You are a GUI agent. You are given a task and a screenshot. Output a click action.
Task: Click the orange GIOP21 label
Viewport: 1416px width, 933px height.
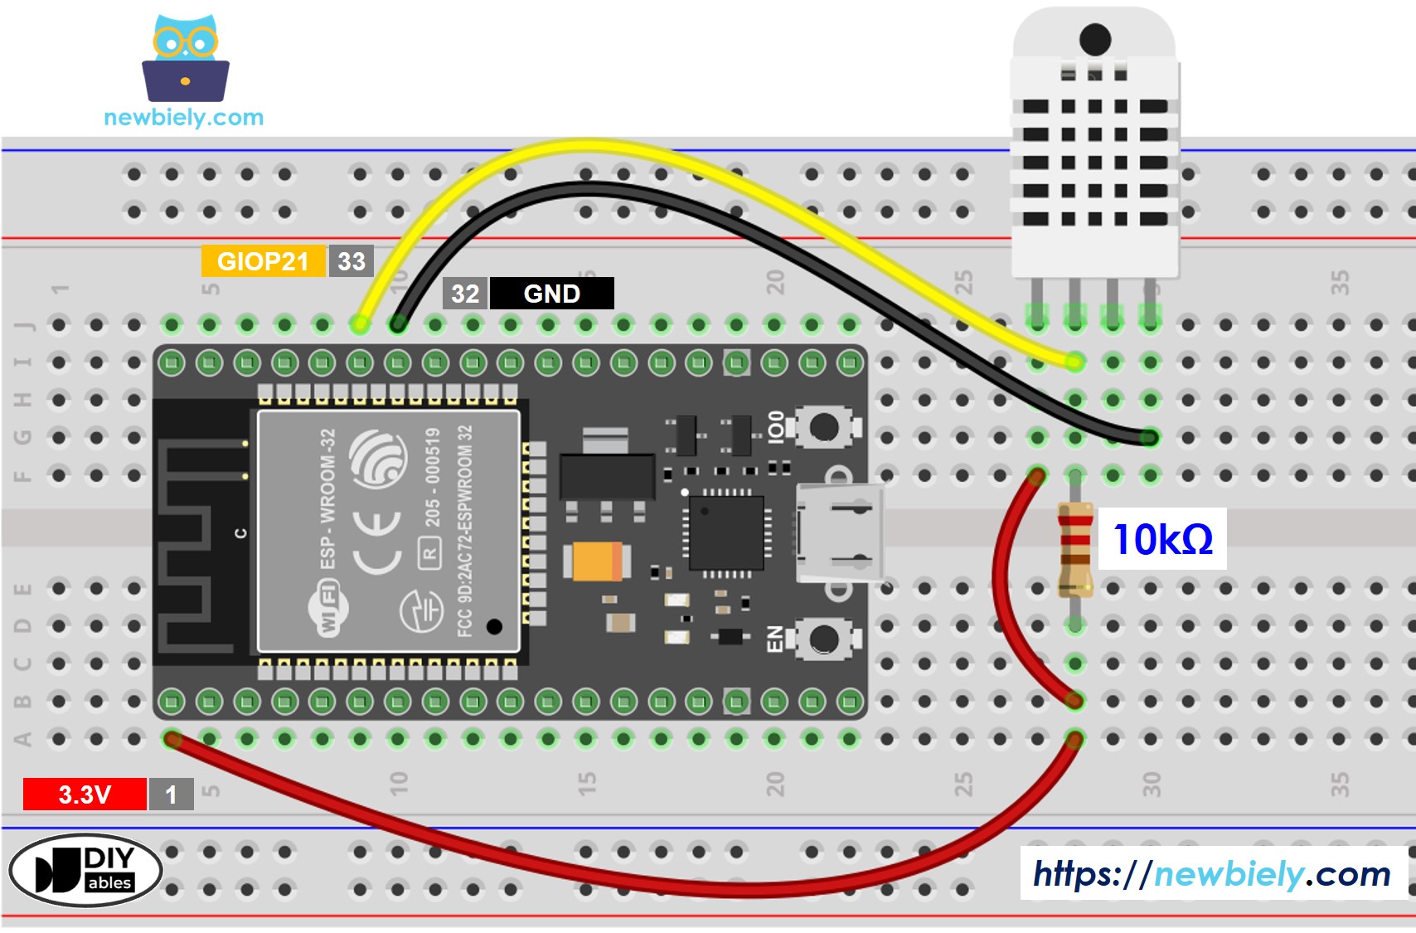click(263, 261)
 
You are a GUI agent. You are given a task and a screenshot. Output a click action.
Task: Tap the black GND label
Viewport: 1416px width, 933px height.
click(551, 294)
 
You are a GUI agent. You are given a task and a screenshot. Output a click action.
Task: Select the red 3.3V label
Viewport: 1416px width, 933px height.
click(85, 795)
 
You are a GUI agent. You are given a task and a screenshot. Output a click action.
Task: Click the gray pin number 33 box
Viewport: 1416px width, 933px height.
click(352, 261)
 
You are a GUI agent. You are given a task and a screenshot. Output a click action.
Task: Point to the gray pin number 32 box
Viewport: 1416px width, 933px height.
click(465, 294)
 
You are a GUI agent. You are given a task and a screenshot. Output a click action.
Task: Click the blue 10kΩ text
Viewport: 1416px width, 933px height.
click(1162, 539)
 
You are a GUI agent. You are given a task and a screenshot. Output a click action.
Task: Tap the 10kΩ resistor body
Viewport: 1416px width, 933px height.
click(1075, 550)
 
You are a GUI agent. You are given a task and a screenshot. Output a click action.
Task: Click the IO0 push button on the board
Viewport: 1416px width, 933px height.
click(823, 428)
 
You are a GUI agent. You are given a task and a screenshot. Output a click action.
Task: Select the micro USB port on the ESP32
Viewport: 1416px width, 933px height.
click(837, 532)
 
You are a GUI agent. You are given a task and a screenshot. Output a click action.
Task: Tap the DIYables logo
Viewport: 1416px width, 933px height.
click(85, 870)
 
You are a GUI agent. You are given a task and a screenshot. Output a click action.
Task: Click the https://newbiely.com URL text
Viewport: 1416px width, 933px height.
click(1211, 873)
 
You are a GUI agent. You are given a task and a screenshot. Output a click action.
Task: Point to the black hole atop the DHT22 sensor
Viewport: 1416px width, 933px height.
click(1095, 39)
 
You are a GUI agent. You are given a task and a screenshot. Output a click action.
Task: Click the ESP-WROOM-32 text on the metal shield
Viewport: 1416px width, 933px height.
click(328, 499)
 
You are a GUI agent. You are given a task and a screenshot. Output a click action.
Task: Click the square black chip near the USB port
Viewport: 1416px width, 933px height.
click(725, 532)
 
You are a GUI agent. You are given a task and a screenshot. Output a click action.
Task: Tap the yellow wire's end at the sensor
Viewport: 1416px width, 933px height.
click(1074, 362)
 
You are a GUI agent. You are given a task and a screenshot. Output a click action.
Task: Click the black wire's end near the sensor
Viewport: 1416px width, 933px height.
click(1149, 437)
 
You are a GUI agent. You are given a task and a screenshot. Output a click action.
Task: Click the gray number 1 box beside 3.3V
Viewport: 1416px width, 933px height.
click(171, 795)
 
